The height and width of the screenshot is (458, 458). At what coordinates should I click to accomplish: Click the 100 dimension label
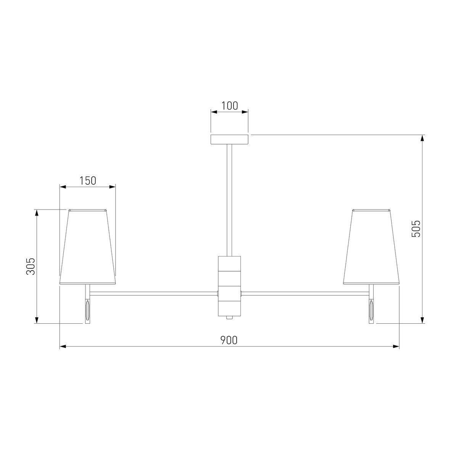point(229,106)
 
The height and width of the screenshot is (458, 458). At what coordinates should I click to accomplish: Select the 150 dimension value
point(87,181)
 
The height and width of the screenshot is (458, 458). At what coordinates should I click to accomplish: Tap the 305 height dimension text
point(31,266)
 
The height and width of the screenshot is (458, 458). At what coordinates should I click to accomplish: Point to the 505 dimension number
point(416,229)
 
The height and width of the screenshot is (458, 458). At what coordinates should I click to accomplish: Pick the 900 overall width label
point(229,340)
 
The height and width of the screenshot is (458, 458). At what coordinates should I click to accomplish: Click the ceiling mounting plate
point(229,140)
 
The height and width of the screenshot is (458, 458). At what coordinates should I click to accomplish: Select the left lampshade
point(87,247)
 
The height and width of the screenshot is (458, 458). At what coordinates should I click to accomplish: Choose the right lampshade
point(371,247)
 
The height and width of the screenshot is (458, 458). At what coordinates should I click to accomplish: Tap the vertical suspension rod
point(229,200)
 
